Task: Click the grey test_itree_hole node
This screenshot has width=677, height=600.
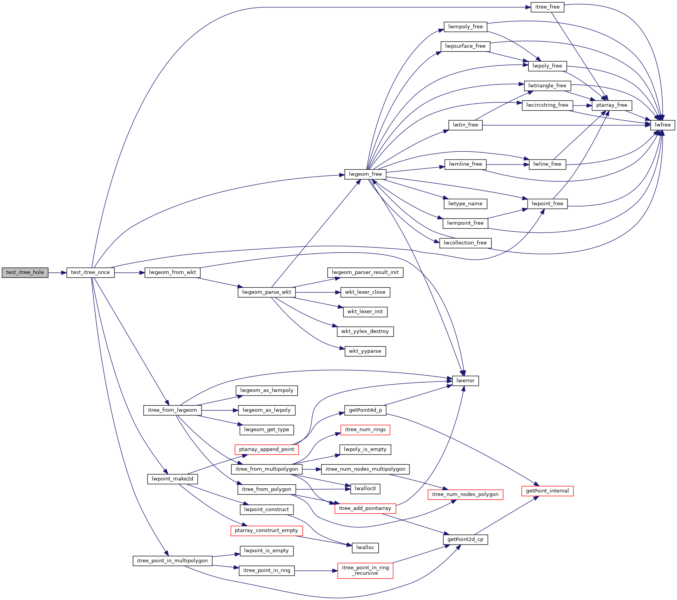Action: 25,272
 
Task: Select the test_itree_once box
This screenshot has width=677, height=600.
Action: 90,272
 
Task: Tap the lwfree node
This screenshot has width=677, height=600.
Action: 663,125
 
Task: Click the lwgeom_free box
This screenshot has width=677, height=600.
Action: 365,174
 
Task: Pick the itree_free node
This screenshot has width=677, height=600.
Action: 547,7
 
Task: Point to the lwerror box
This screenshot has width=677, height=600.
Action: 465,381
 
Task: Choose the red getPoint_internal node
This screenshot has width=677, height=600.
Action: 547,491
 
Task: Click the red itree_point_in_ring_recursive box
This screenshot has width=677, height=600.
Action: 365,571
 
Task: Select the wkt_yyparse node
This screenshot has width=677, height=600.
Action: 365,351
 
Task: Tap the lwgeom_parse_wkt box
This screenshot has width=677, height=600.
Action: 267,292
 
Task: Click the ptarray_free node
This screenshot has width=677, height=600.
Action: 612,105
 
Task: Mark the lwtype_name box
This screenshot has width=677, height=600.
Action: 465,204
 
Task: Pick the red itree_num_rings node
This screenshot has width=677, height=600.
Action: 365,430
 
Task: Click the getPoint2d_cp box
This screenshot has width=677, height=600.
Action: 465,539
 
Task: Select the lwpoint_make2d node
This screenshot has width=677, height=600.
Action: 172,479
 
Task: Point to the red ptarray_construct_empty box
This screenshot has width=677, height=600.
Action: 267,531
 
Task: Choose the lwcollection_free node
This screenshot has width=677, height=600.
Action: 465,243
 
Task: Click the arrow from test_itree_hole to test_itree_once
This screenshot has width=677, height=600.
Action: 57,273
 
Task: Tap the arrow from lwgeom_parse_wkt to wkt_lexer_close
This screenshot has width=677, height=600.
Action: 318,292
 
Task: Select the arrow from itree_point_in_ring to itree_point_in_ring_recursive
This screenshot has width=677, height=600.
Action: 316,571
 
